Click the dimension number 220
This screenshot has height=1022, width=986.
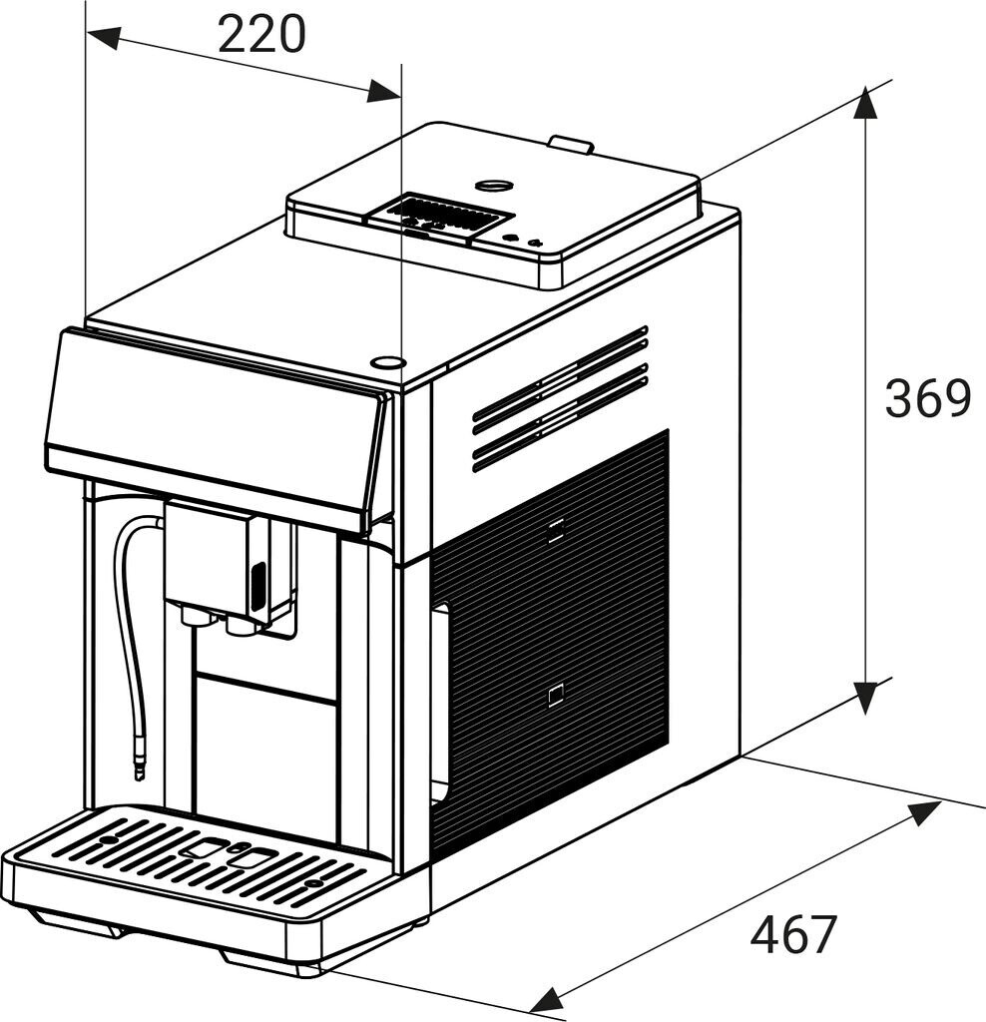(261, 35)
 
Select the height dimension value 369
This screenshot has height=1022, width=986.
(927, 399)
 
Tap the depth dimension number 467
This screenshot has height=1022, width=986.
(793, 935)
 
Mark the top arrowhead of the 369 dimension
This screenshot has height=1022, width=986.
(865, 104)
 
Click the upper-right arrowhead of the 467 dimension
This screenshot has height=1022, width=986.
(923, 813)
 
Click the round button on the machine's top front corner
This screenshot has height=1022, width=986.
(387, 362)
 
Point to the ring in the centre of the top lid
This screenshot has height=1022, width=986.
(493, 185)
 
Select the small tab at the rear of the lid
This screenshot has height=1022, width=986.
(571, 144)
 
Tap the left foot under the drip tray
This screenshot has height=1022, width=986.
(95, 927)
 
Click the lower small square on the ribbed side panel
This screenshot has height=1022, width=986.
(556, 695)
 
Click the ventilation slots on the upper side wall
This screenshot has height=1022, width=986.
(560, 398)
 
